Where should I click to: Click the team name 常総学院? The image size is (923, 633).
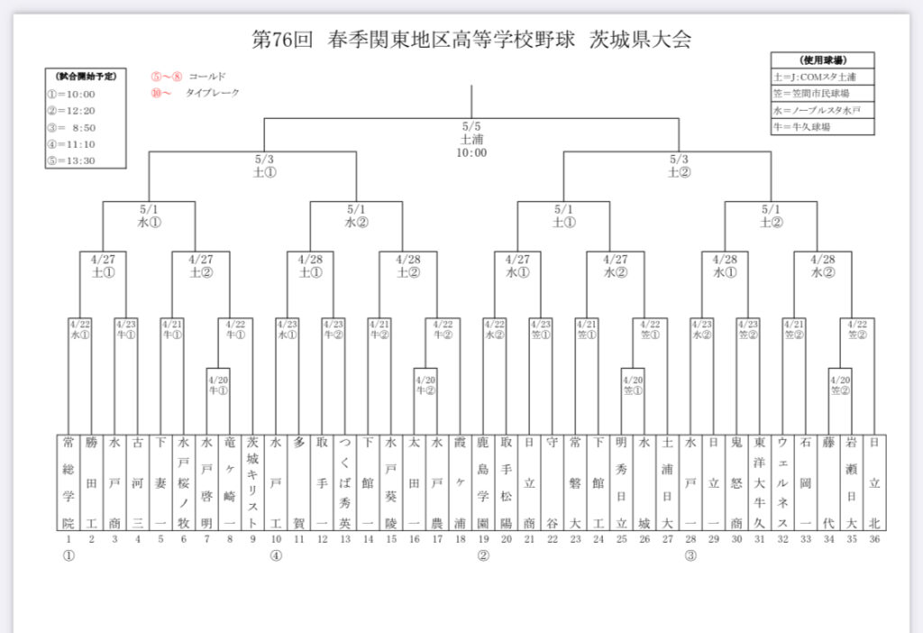point(68,484)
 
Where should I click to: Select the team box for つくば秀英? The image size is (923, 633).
point(344,484)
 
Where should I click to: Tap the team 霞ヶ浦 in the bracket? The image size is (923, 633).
point(460,484)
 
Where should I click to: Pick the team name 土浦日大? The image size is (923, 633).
point(667,484)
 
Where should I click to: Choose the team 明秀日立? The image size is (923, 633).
point(621,484)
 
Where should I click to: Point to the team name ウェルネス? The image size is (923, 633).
point(782,484)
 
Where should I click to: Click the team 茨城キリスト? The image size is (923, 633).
point(251,484)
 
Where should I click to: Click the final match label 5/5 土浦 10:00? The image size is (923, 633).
point(472,140)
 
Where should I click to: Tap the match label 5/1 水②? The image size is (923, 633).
point(356,216)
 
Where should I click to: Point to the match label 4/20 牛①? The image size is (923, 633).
point(217,385)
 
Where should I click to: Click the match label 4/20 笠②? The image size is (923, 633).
point(840,385)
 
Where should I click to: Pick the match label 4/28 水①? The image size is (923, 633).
point(725,266)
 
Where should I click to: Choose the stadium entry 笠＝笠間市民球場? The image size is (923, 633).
point(811,93)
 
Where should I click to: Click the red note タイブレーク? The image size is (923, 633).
point(212,93)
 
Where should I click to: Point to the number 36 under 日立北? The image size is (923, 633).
point(874,539)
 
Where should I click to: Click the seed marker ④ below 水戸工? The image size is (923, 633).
point(275,555)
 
